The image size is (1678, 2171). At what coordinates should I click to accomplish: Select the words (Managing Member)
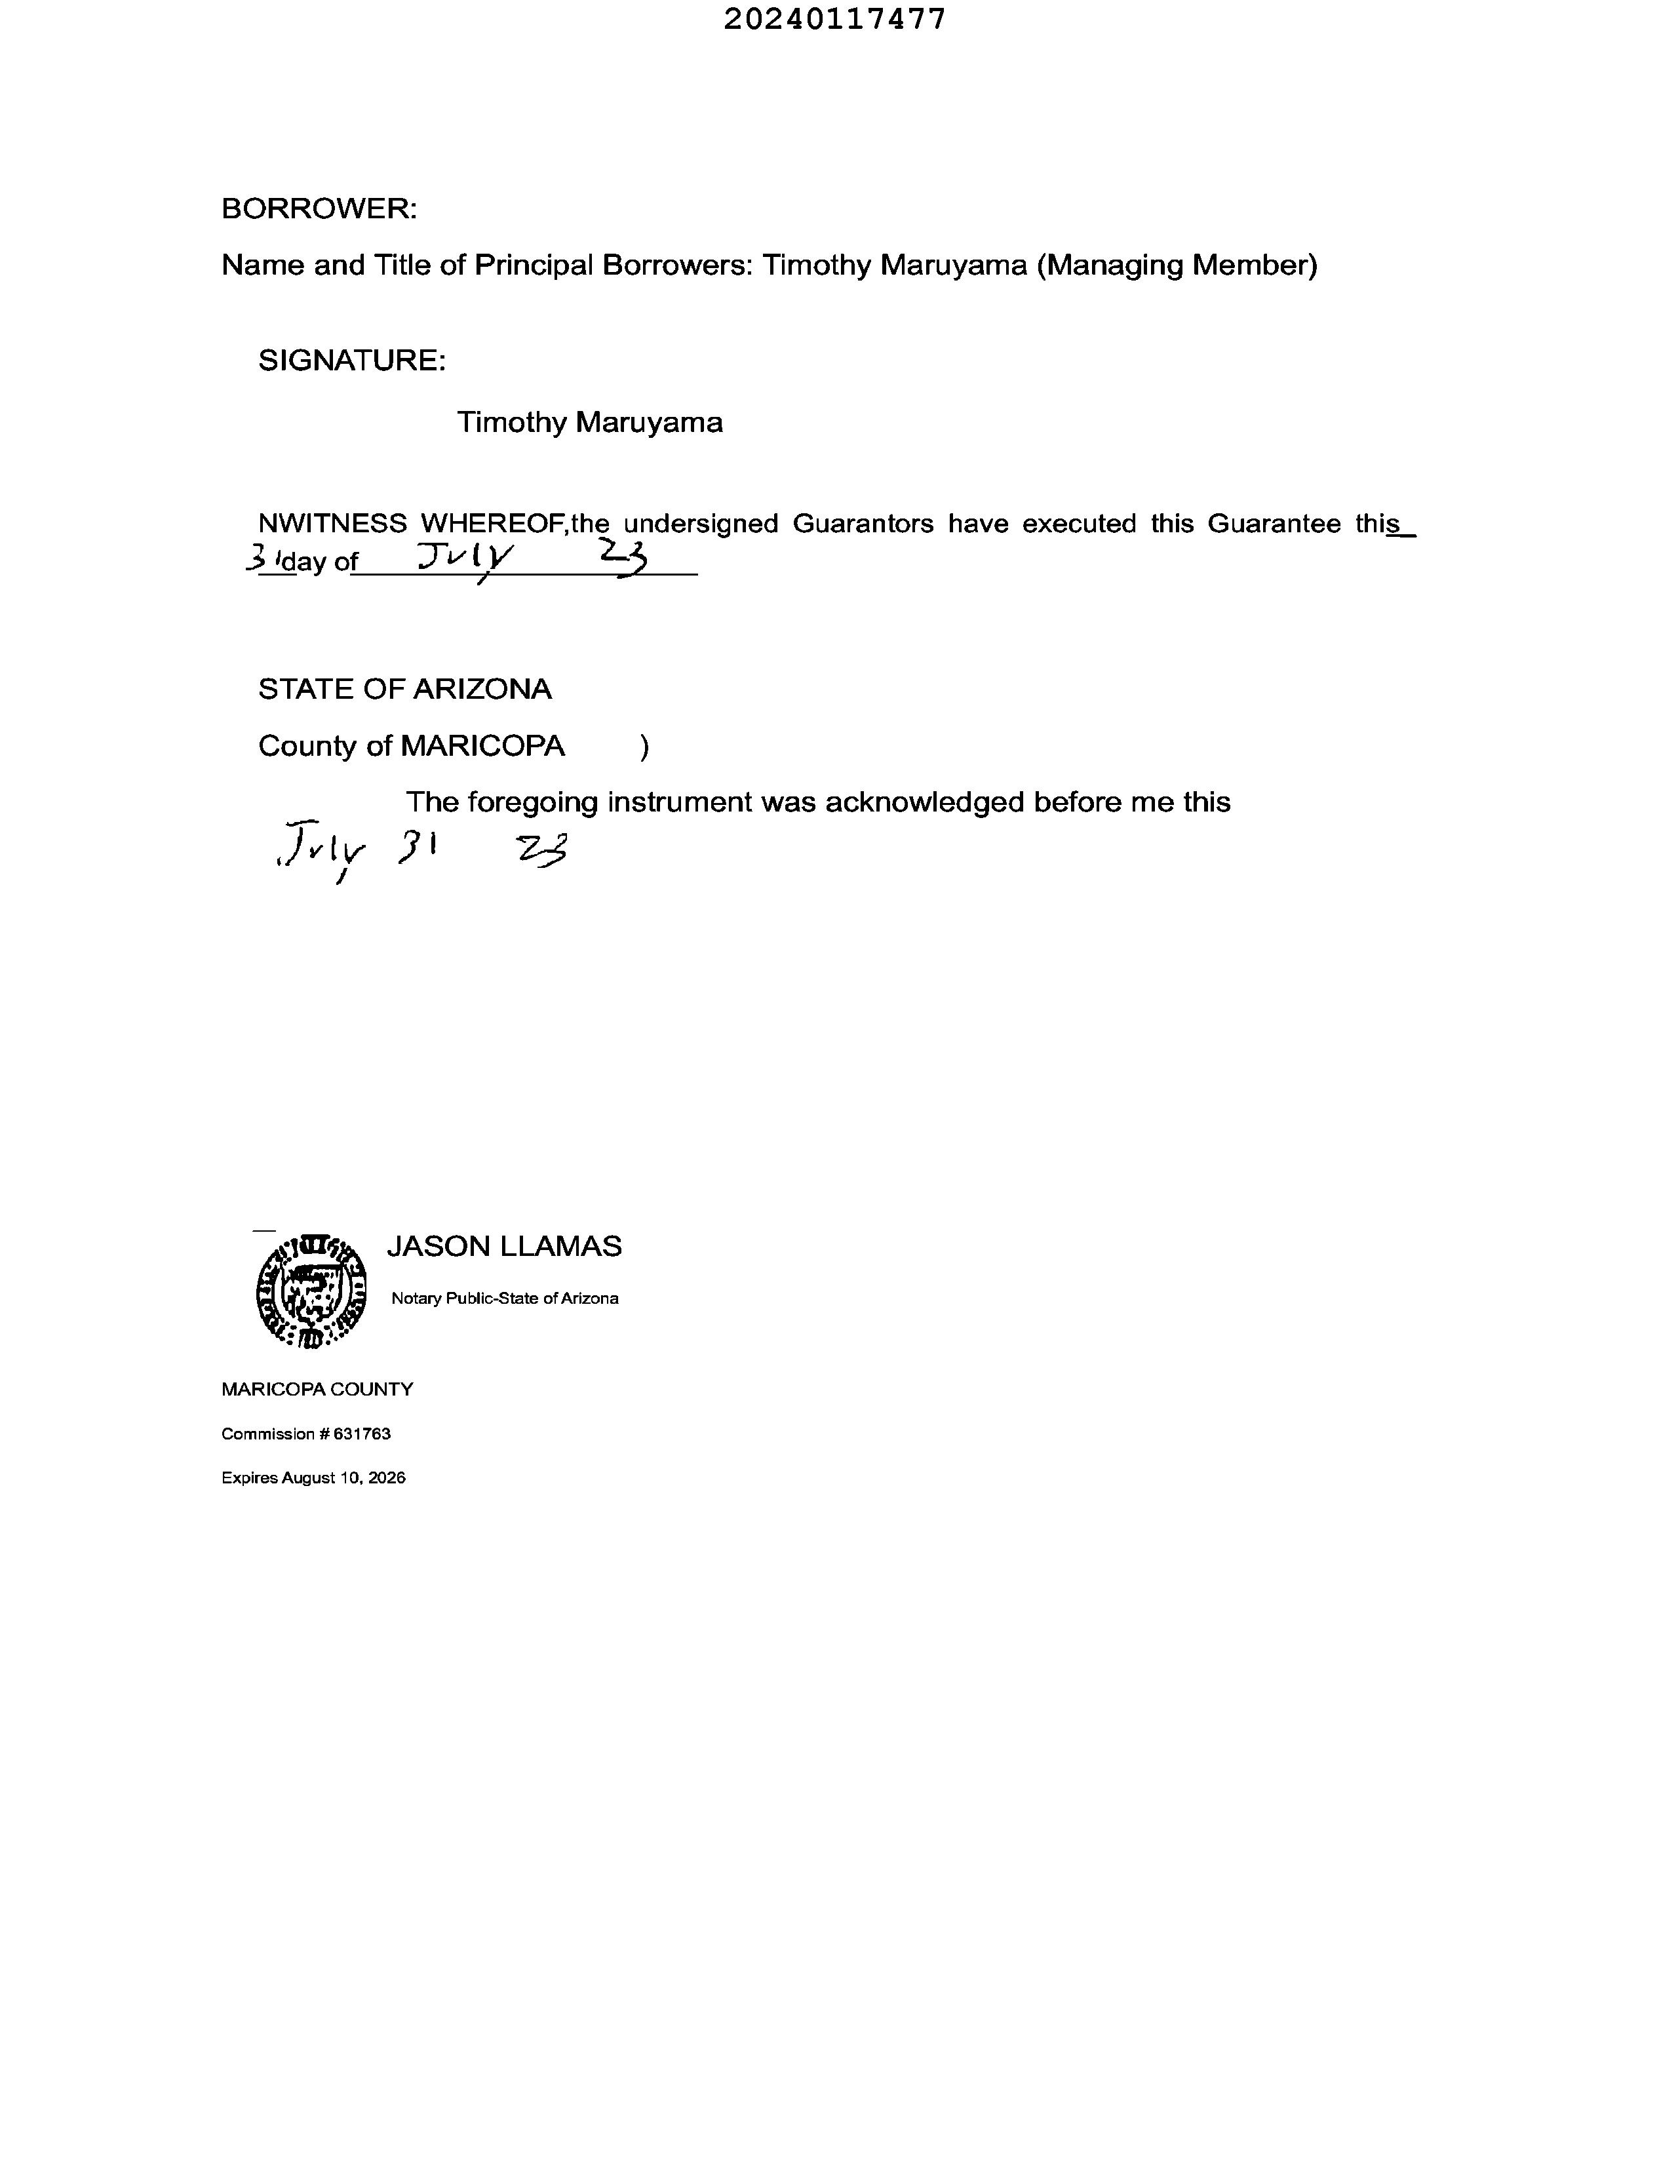click(x=1177, y=265)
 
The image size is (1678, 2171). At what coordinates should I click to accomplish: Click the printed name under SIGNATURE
click(x=589, y=423)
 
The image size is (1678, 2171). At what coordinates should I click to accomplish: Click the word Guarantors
click(x=862, y=524)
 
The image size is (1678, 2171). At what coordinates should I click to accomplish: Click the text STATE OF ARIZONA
click(x=404, y=689)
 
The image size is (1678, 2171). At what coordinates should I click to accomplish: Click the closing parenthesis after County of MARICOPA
click(x=645, y=747)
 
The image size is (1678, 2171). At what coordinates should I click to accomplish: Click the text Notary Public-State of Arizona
click(x=504, y=1299)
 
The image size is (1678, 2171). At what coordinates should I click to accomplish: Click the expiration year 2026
click(x=387, y=1478)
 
